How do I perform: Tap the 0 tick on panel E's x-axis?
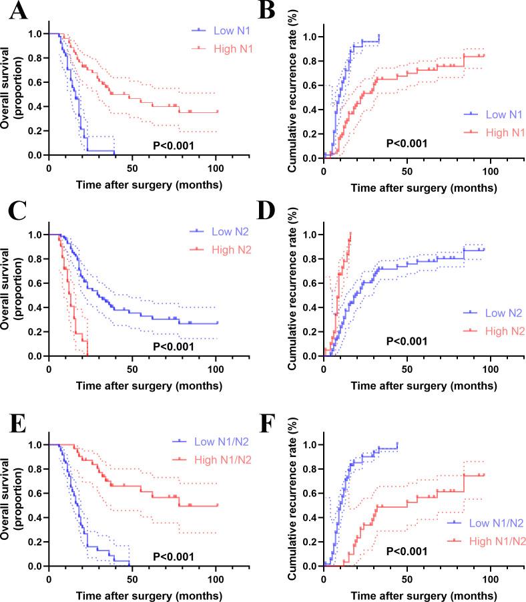[x=49, y=577]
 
